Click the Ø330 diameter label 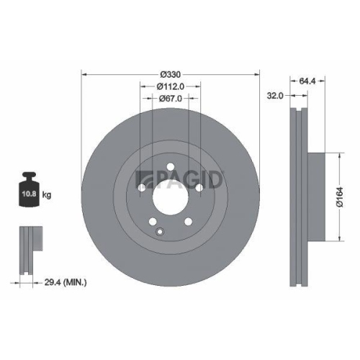tap(170, 74)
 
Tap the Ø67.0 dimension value tap(170, 99)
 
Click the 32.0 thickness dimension tap(274, 94)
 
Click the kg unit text tap(48, 195)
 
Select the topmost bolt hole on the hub tap(171, 168)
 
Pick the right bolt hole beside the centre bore tap(199, 188)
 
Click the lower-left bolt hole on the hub tap(152, 221)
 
